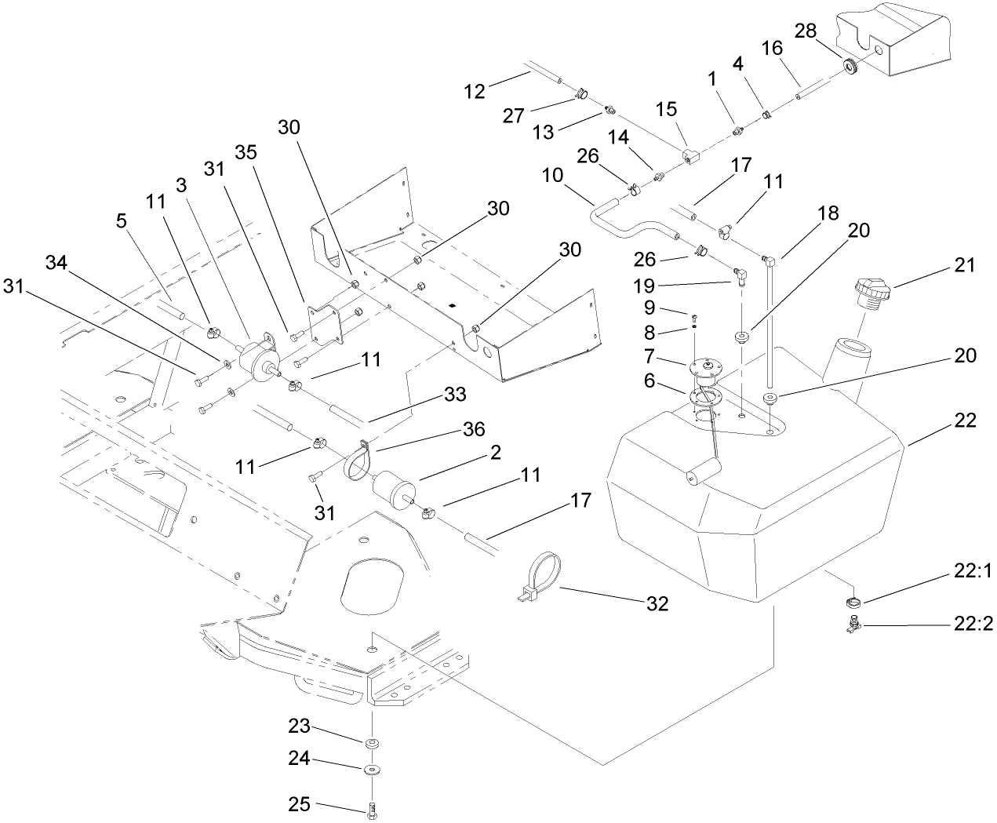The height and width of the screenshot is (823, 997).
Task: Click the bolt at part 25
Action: [x=371, y=806]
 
